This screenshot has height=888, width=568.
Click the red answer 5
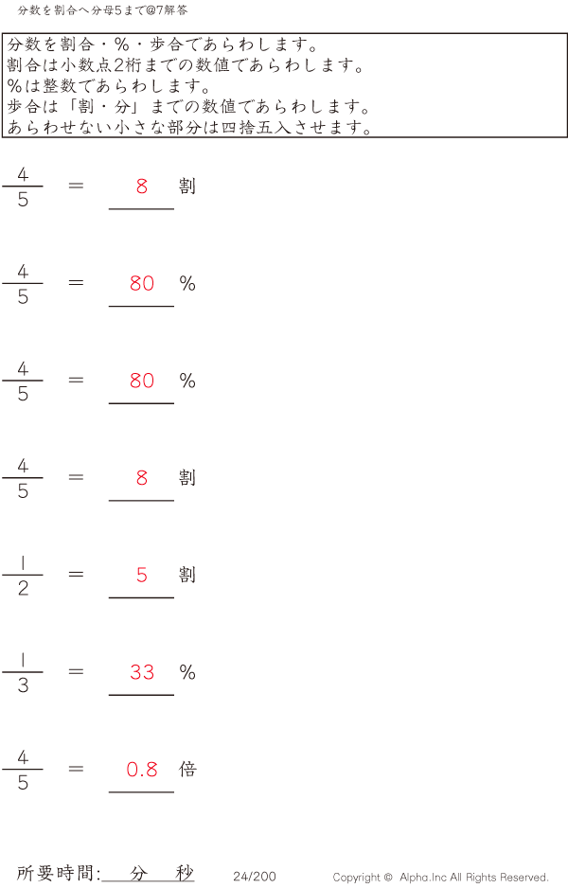[x=142, y=575]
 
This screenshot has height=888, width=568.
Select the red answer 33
[x=142, y=672]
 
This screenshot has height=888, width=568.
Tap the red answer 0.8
[x=142, y=769]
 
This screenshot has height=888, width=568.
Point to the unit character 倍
[x=187, y=769]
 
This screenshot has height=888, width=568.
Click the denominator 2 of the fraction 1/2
[x=23, y=589]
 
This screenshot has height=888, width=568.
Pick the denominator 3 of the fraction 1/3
[x=23, y=685]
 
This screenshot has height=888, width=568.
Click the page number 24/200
[x=255, y=876]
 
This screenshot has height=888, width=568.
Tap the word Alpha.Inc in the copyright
[x=423, y=877]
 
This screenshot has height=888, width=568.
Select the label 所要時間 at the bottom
[x=54, y=873]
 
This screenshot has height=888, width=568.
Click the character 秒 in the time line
[x=185, y=873]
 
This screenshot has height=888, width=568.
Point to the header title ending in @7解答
[x=102, y=10]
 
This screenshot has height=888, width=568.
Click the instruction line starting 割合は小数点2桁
[x=186, y=65]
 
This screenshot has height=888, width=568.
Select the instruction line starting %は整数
[x=109, y=85]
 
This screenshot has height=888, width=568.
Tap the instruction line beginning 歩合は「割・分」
[x=189, y=106]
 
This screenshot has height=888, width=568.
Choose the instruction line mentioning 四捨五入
[x=190, y=127]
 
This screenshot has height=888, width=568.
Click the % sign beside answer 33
[x=187, y=672]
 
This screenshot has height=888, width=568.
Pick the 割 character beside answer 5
[x=187, y=575]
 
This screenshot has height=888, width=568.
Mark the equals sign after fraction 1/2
[x=76, y=575]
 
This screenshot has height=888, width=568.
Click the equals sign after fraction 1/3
[x=76, y=671]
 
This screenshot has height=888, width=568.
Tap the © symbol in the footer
[x=388, y=877]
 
